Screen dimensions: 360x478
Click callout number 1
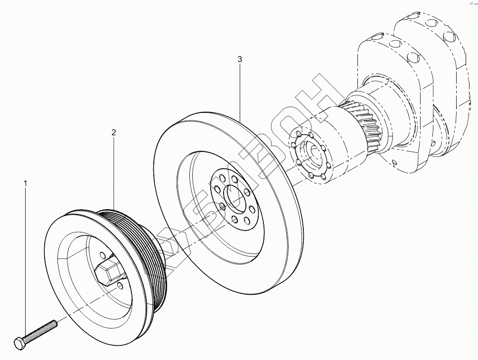[x=26, y=182]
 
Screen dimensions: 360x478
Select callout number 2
[x=114, y=133]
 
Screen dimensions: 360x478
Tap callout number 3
[x=240, y=59]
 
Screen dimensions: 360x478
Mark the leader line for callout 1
[x=25, y=261]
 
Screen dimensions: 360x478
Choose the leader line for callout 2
[x=114, y=171]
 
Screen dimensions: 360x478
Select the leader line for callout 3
[x=240, y=90]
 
